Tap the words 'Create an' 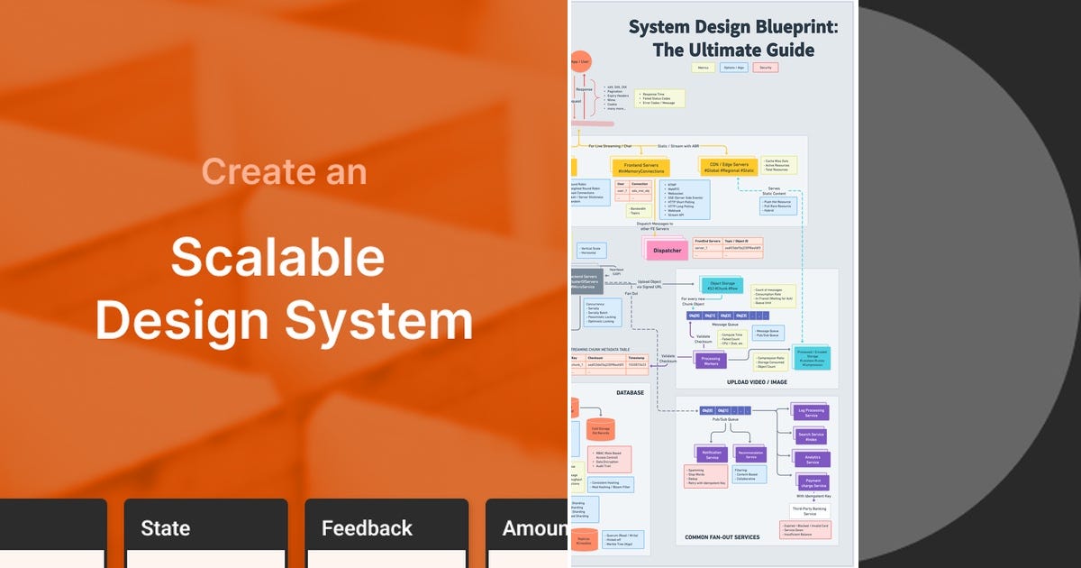[284, 171]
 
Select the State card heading [166, 527]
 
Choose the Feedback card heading [367, 527]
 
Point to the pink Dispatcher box [667, 250]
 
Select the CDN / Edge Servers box [730, 168]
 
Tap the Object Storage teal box [722, 286]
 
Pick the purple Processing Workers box [711, 360]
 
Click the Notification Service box [712, 454]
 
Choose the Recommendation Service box [750, 454]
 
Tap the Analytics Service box [812, 459]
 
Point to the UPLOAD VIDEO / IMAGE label [757, 382]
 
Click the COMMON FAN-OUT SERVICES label [722, 537]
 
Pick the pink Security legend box [766, 68]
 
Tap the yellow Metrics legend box [703, 68]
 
